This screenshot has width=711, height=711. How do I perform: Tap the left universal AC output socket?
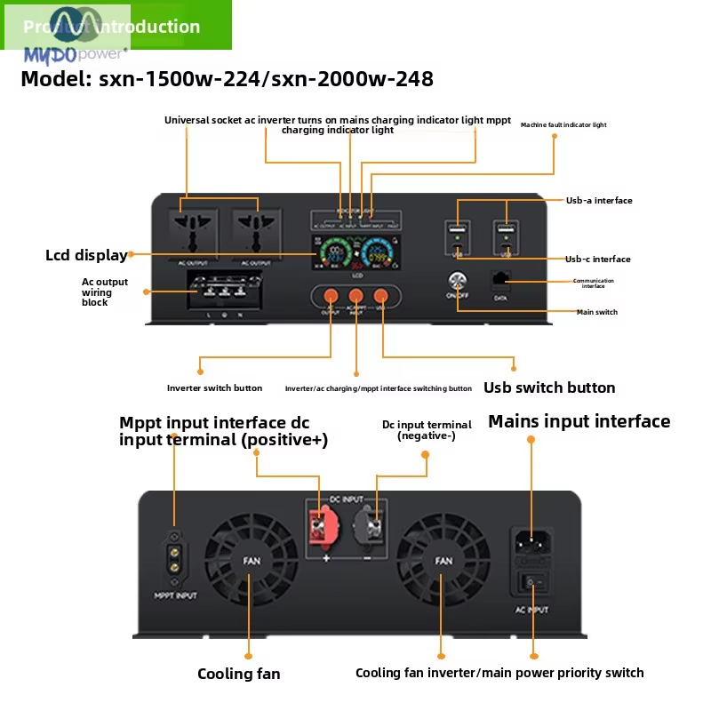(187, 233)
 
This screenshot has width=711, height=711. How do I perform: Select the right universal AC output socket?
(256, 233)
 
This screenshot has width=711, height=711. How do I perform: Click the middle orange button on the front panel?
(355, 297)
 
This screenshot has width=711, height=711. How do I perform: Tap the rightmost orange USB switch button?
(381, 297)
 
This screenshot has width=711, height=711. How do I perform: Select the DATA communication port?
(500, 279)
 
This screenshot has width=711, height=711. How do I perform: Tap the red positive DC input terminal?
(317, 530)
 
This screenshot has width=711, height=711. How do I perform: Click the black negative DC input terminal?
(367, 530)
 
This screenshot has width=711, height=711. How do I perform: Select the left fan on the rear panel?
(252, 561)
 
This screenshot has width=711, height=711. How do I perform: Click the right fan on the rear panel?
(443, 561)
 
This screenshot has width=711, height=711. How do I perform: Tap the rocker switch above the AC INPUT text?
(533, 583)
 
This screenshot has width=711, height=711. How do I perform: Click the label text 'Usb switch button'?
(549, 387)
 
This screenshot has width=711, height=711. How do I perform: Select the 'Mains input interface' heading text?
(579, 421)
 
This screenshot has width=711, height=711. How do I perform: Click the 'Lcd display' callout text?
(86, 255)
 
